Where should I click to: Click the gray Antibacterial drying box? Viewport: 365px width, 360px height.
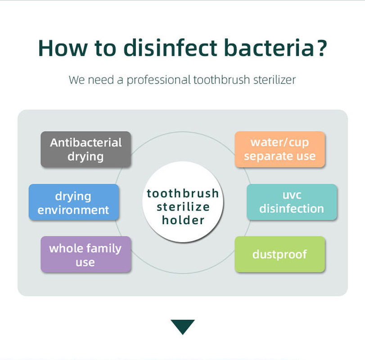[x=86, y=149]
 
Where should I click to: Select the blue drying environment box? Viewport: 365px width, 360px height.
[x=74, y=202]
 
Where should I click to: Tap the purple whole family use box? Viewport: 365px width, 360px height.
[x=86, y=254]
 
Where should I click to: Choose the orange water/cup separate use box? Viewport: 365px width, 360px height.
[x=279, y=149]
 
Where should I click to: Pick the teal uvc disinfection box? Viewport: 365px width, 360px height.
[x=292, y=202]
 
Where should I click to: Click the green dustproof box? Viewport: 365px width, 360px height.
[x=279, y=254]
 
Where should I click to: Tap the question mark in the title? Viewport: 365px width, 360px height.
[x=321, y=48]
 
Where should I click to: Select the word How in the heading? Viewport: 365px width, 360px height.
[x=63, y=49]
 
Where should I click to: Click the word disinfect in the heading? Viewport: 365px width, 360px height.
[x=170, y=48]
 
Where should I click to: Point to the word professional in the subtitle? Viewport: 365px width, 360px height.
[x=159, y=80]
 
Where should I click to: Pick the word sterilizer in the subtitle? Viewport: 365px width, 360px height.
[x=275, y=80]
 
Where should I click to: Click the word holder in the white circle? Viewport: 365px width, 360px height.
[x=183, y=220]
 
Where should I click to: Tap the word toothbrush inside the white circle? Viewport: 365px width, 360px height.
[x=183, y=193]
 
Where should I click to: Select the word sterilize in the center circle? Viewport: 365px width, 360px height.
[x=183, y=207]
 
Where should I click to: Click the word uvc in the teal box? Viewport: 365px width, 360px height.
[x=292, y=195]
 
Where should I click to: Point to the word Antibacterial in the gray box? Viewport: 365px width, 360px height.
[x=86, y=142]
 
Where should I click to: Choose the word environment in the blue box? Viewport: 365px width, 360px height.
[x=73, y=210]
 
